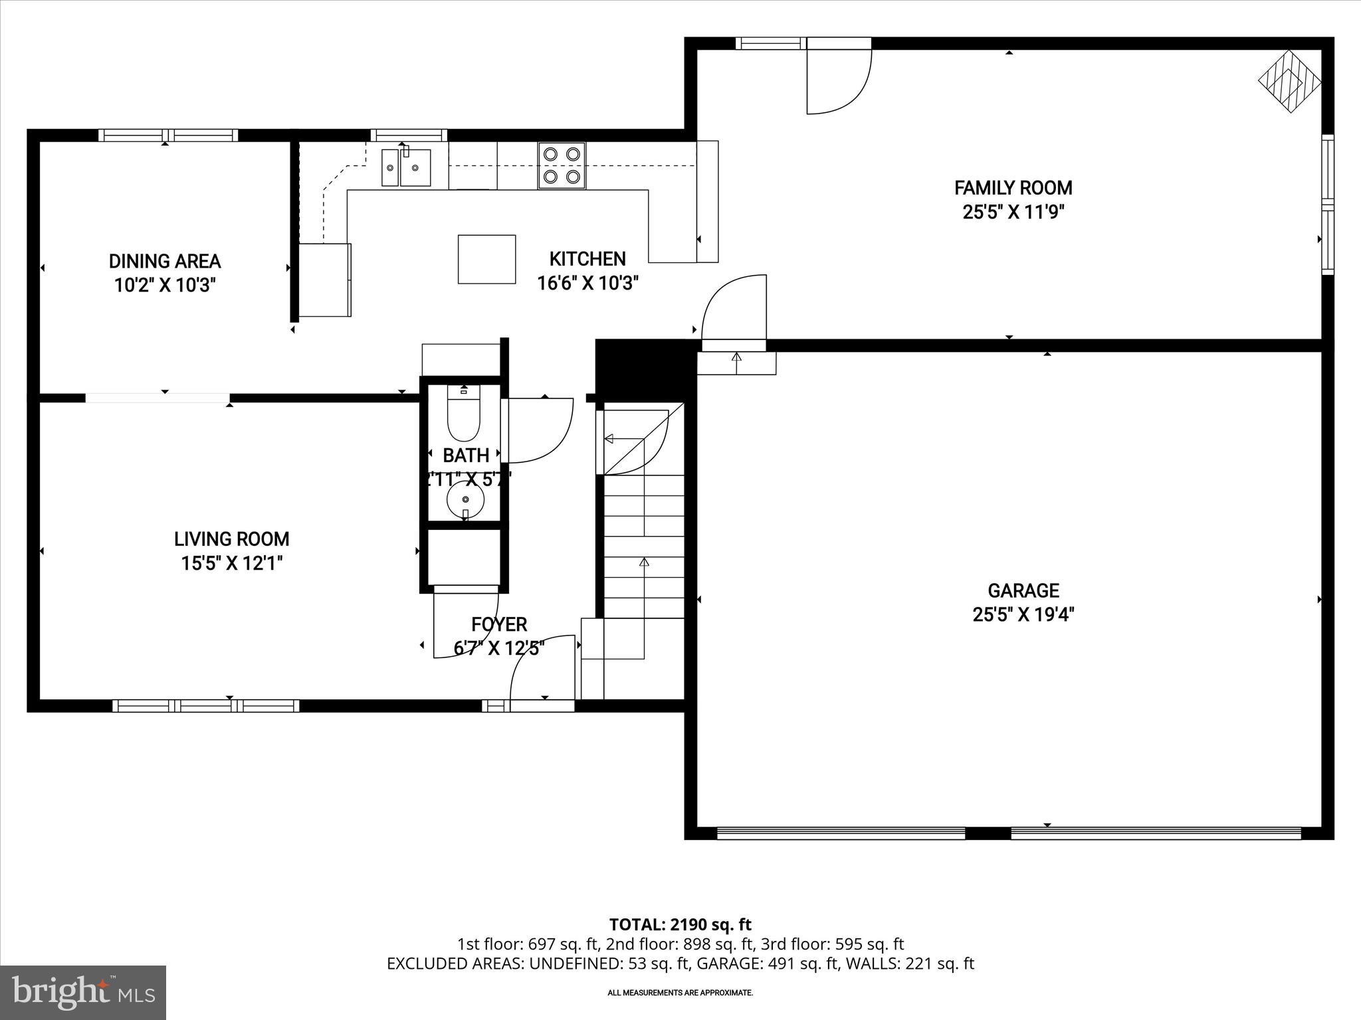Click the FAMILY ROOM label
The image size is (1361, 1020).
[1013, 188]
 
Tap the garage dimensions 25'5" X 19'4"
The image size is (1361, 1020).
[1023, 615]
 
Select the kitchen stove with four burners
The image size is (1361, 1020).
[562, 165]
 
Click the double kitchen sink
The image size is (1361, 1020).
[405, 167]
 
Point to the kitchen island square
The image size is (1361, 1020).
[486, 259]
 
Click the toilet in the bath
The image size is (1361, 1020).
[464, 415]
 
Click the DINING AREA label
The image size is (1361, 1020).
[165, 261]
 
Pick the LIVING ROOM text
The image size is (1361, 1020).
[231, 539]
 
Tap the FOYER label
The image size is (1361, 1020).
[499, 624]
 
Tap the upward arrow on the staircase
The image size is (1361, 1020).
[643, 563]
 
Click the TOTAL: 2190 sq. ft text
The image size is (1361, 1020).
[680, 924]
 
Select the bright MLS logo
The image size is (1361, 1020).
[83, 992]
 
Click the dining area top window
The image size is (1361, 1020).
[168, 135]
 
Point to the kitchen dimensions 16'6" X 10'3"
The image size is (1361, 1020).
[587, 284]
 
